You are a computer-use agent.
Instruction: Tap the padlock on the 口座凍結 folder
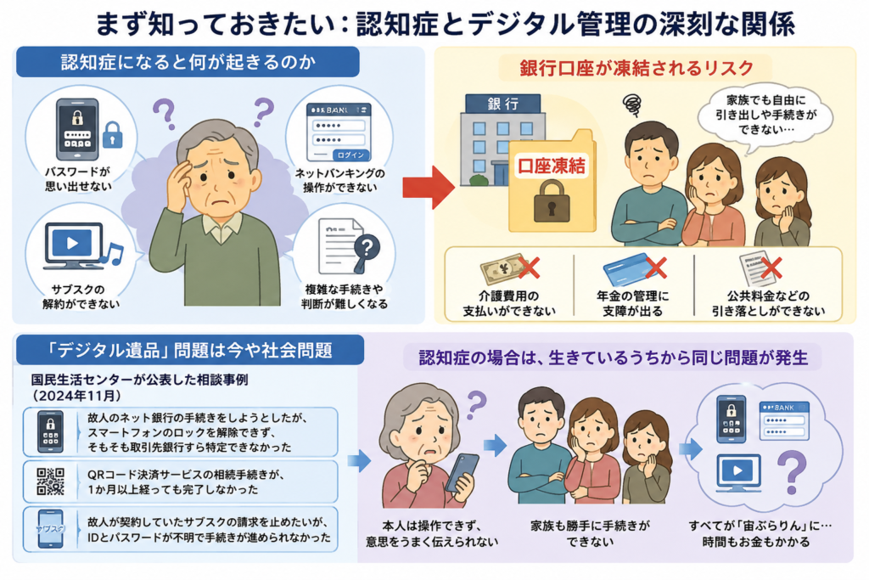552,202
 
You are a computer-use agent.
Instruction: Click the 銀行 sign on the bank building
503,104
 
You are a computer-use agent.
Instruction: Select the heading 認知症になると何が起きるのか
188,61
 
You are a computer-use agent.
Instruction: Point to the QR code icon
50,481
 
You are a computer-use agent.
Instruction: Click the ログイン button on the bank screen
350,155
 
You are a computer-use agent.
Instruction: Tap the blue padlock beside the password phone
113,134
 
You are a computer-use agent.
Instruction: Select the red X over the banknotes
529,267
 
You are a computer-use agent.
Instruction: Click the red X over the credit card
656,267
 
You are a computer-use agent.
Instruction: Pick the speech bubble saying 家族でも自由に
765,117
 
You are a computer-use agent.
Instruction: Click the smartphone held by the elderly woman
462,472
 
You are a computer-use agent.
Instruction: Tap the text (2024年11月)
77,396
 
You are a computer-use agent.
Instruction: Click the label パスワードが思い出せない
78,179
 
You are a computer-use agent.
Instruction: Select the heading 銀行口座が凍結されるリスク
636,68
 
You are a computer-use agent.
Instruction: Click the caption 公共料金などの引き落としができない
768,303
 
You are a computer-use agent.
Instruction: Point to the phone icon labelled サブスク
50,528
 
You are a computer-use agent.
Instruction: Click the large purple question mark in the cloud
793,471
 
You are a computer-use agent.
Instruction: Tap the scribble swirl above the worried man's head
631,104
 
